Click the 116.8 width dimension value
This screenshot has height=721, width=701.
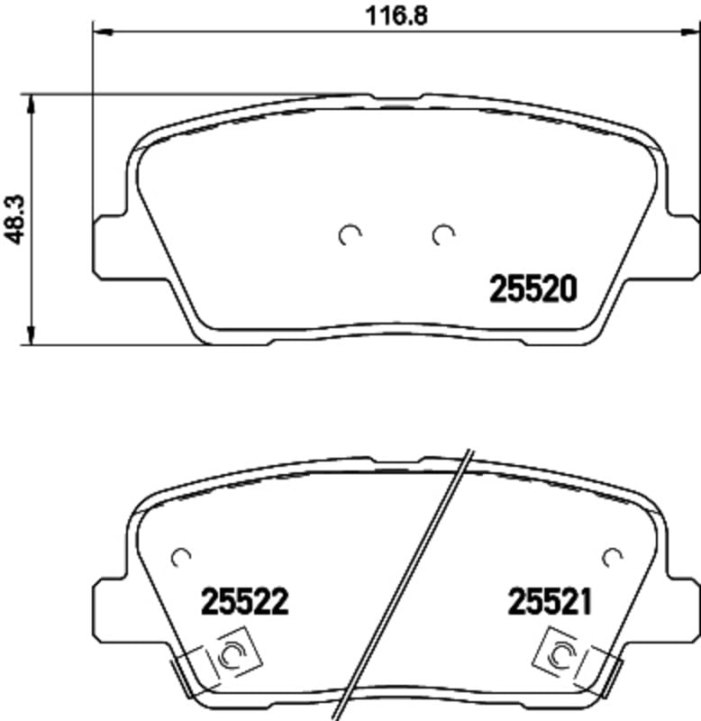click(x=396, y=16)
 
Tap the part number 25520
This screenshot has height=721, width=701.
click(x=533, y=289)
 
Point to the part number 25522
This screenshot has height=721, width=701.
click(x=245, y=601)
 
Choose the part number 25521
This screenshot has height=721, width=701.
click(x=550, y=601)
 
